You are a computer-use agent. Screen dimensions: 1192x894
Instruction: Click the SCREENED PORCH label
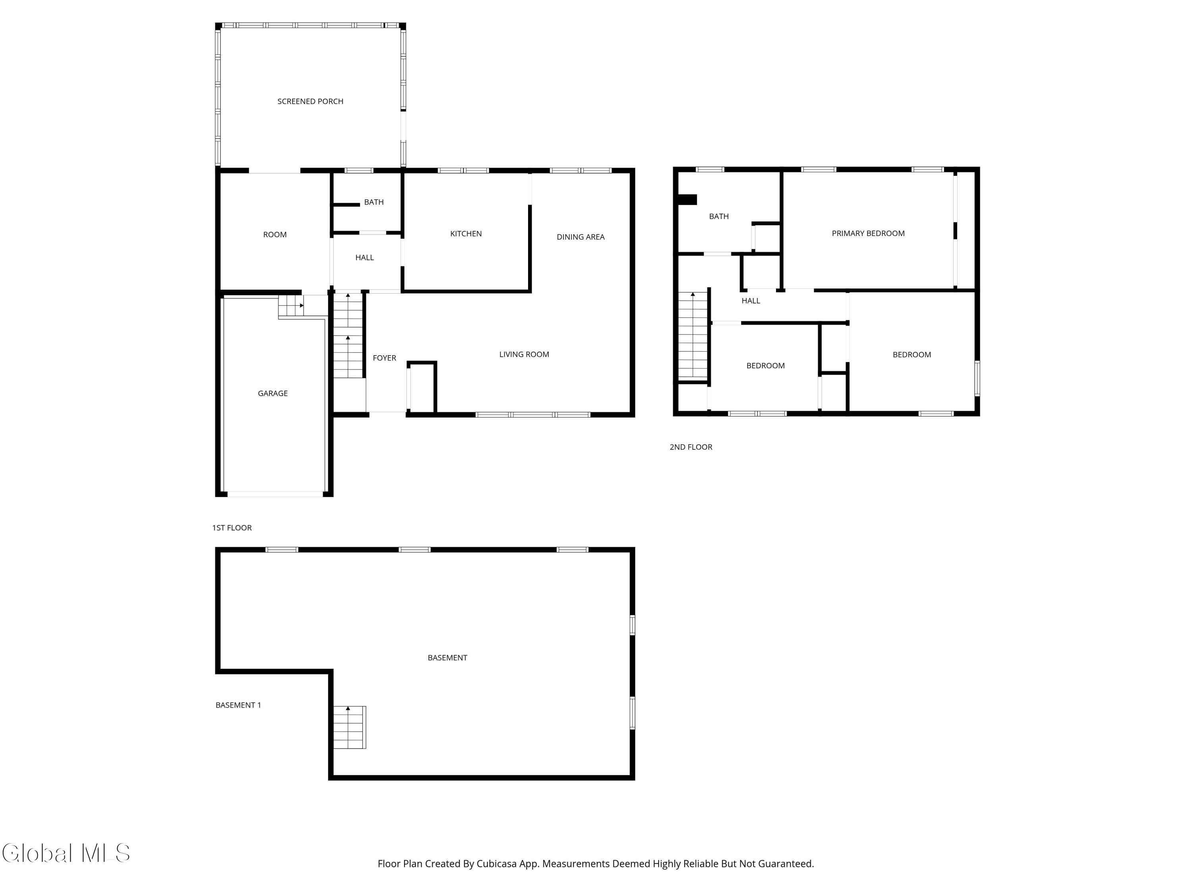310,101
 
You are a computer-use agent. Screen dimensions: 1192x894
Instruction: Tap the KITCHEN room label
466,233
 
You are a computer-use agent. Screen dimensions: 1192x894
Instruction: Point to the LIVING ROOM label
524,354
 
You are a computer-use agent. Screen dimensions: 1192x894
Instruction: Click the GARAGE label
273,393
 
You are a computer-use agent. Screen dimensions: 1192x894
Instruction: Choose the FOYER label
384,358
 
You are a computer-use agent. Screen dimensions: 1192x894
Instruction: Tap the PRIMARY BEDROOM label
868,233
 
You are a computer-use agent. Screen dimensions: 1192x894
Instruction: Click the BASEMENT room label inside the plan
447,658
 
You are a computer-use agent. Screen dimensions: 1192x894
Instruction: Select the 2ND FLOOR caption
691,447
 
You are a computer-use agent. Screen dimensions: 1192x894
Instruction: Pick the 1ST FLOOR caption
232,528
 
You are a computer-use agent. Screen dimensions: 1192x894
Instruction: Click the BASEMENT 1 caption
238,705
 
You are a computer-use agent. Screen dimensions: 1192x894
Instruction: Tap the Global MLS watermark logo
66,853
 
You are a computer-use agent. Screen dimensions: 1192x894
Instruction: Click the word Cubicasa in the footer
496,864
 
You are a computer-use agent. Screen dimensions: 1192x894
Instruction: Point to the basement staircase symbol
349,727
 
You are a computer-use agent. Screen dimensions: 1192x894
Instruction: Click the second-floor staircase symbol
693,335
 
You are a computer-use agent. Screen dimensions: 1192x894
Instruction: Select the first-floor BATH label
373,202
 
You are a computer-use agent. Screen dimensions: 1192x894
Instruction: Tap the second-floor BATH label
718,216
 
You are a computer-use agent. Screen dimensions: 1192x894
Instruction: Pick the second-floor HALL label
751,301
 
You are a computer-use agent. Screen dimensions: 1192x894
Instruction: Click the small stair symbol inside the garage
292,306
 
